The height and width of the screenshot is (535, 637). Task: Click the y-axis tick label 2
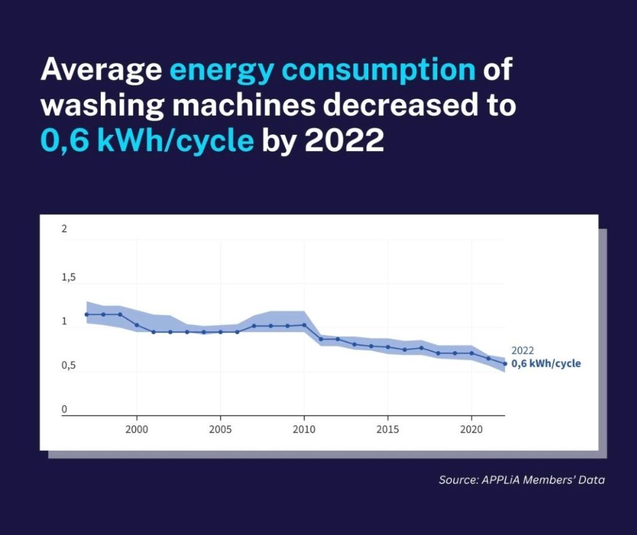tap(64, 229)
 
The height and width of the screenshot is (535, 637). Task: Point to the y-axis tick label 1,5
tap(68, 277)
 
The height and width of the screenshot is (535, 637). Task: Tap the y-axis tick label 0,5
tap(68, 365)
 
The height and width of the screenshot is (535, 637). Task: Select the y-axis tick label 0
tap(64, 409)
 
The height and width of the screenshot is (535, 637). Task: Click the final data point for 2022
tap(505, 364)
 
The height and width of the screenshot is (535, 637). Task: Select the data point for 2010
tap(304, 325)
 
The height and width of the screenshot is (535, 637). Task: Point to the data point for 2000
tap(137, 325)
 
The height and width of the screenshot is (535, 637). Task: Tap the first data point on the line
tap(86, 314)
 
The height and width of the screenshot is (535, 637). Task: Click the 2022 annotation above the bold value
tap(523, 351)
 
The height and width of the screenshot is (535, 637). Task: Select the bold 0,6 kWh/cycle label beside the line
tap(546, 364)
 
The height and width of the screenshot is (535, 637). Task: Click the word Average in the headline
tap(101, 71)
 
